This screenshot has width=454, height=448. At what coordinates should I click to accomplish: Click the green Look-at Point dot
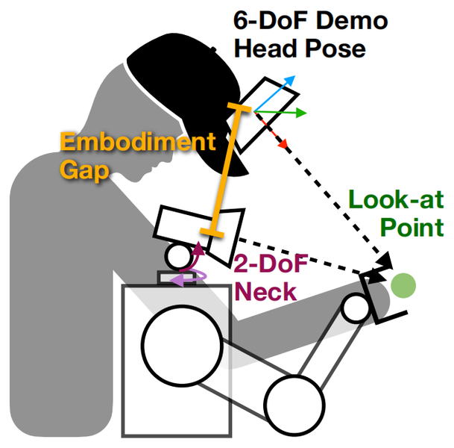pyautogui.click(x=403, y=284)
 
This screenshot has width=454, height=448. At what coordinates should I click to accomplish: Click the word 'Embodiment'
pyautogui.click(x=137, y=142)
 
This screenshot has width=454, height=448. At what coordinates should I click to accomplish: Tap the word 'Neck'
pyautogui.click(x=264, y=290)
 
